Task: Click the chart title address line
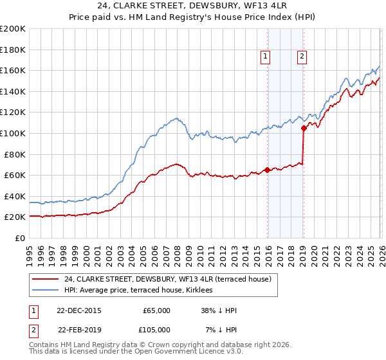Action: click(x=193, y=6)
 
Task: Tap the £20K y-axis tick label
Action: click(x=15, y=217)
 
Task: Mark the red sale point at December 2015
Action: click(x=267, y=170)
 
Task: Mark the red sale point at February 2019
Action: click(x=303, y=128)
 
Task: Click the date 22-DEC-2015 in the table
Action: click(x=79, y=310)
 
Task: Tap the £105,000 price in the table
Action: click(x=156, y=329)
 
